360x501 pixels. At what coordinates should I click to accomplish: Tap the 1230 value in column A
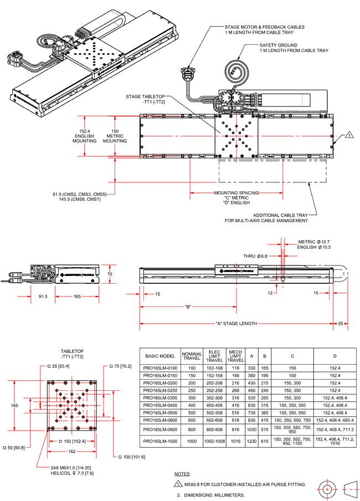tap(252, 441)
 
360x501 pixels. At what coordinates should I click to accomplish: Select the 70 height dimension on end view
tap(110, 274)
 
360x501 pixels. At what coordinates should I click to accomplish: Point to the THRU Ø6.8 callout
tap(255, 256)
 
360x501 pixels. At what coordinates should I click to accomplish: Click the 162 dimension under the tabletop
tap(72, 452)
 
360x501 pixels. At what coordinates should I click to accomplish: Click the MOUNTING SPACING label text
tap(234, 193)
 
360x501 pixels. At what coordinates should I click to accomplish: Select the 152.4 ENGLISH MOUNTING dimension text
tap(85, 136)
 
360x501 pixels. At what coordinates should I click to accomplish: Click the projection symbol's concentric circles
tap(327, 489)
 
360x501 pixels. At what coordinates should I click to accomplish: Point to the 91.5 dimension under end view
tap(43, 297)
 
